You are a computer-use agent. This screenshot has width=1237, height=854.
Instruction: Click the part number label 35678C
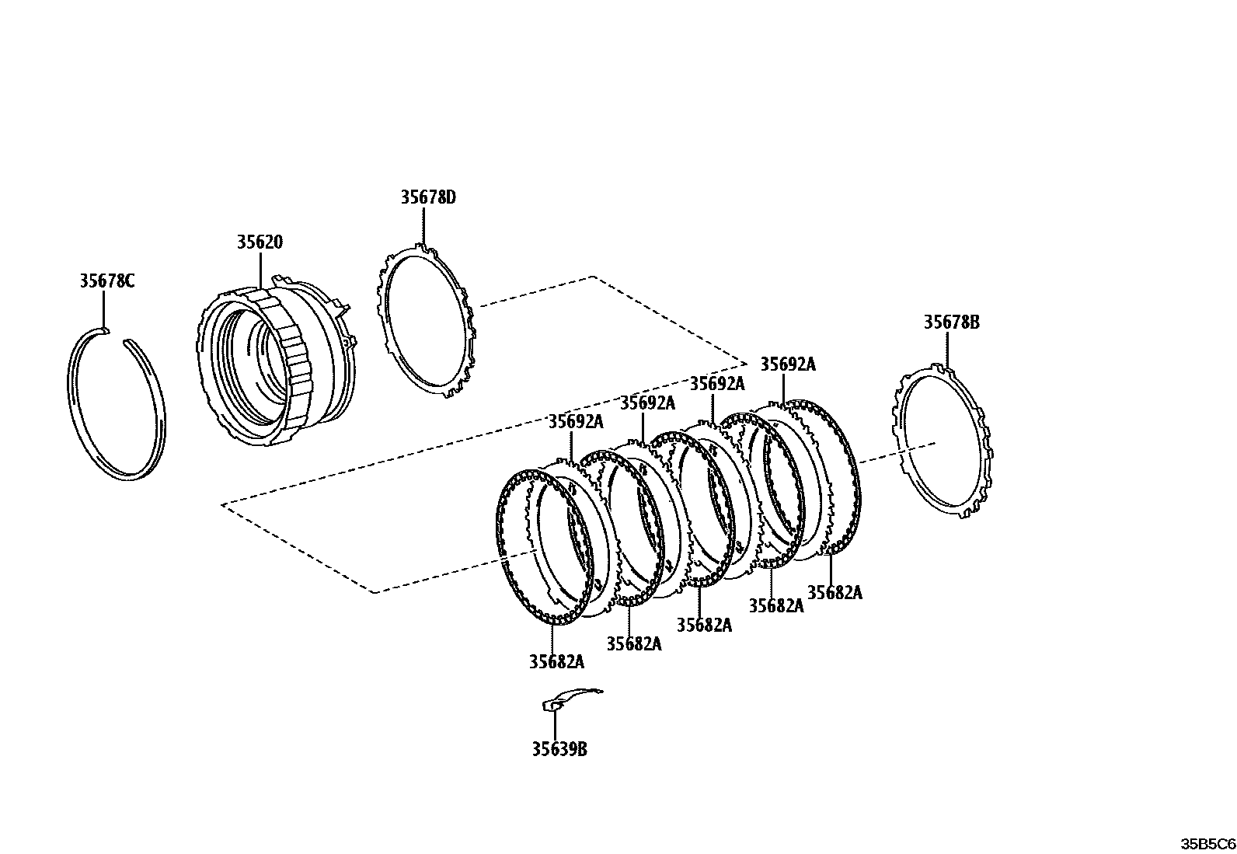[106, 281]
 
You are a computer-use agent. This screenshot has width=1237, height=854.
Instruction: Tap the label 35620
[260, 242]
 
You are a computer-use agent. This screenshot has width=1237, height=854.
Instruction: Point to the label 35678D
[428, 197]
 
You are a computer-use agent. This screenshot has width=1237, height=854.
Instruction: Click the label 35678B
[951, 322]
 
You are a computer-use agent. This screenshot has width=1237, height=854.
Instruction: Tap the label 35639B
[559, 749]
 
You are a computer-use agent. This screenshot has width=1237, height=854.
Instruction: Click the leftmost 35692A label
[576, 422]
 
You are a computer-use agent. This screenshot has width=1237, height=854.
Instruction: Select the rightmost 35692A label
[788, 364]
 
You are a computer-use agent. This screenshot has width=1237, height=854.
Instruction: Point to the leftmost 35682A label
[556, 662]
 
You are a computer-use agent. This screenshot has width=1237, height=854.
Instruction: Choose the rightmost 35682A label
[835, 593]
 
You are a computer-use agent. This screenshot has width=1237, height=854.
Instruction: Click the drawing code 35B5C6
[1207, 844]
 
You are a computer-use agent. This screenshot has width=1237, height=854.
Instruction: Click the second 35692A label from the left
[647, 403]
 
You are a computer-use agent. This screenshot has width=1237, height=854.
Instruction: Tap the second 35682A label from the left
[634, 643]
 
